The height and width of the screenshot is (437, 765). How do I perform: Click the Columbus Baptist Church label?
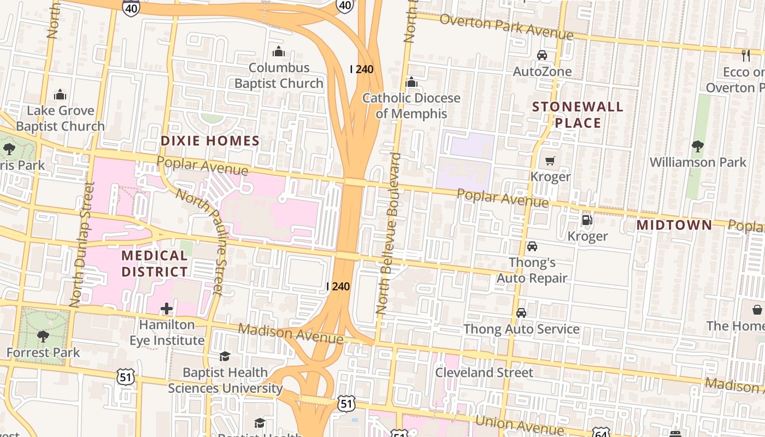point(279,75)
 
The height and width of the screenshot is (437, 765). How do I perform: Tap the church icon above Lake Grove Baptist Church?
point(60,95)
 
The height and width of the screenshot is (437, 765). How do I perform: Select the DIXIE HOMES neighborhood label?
point(210,141)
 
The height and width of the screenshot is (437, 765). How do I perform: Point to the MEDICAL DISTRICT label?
point(155,263)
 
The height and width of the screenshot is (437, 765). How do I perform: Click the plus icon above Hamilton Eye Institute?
point(167,309)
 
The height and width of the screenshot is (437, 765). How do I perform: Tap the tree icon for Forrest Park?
point(43,336)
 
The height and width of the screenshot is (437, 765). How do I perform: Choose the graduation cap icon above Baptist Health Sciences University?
point(225,357)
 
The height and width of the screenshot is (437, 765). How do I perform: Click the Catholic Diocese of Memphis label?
point(411,106)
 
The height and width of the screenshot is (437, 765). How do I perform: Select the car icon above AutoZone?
point(542,55)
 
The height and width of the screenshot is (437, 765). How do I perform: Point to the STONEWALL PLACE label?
point(578,115)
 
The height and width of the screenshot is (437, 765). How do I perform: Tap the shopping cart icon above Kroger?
point(550,161)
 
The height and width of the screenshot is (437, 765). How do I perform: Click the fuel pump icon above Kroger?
point(587,220)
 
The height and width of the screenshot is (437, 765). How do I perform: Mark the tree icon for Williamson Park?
point(697,146)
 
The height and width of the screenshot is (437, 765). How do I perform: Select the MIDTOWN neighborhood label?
point(674,225)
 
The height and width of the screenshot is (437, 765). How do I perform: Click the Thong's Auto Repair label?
point(532,270)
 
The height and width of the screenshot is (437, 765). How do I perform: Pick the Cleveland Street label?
point(484,373)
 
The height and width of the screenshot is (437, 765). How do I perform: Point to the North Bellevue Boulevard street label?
point(389,234)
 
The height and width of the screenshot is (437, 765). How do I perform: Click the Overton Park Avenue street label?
point(506,27)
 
